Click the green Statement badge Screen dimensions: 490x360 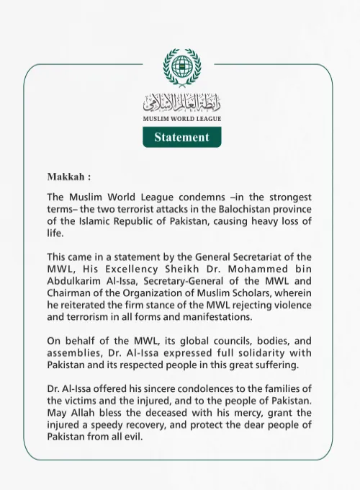point(181,137)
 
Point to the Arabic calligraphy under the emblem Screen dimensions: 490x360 point(181,101)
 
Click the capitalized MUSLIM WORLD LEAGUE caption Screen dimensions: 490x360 point(181,118)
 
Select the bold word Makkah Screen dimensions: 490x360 point(67,177)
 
